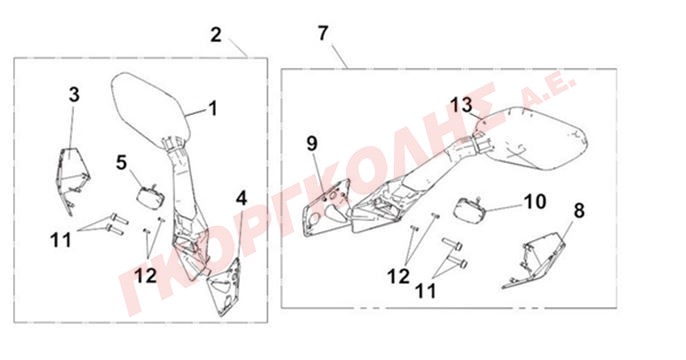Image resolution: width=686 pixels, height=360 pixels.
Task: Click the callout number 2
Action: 216,35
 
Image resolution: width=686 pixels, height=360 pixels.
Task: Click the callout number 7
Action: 323,33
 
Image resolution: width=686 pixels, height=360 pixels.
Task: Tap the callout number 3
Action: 74,94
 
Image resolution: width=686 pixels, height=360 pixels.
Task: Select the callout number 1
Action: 213,108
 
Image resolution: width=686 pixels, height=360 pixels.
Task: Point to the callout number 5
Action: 122,163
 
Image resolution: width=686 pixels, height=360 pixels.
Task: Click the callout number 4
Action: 242,199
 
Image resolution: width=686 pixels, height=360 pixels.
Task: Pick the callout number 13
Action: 462,105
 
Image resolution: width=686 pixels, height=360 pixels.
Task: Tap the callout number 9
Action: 312,143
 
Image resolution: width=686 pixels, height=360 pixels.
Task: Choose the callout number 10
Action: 535,201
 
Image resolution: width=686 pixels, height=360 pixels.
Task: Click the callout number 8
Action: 579,211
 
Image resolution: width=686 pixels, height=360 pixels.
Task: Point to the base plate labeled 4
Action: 226,287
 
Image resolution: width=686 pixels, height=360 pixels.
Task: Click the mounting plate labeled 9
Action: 327,208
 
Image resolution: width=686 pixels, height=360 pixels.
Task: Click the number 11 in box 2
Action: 61,240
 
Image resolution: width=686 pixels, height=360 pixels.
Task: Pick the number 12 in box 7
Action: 398,276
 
